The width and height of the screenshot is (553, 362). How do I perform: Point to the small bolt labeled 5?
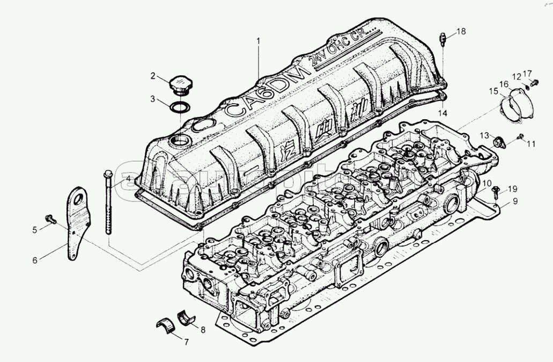(51, 219)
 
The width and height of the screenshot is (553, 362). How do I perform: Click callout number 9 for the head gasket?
(515, 201)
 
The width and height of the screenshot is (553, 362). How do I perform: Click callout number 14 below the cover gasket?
(442, 113)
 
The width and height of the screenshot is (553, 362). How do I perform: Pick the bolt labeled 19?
(496, 189)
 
